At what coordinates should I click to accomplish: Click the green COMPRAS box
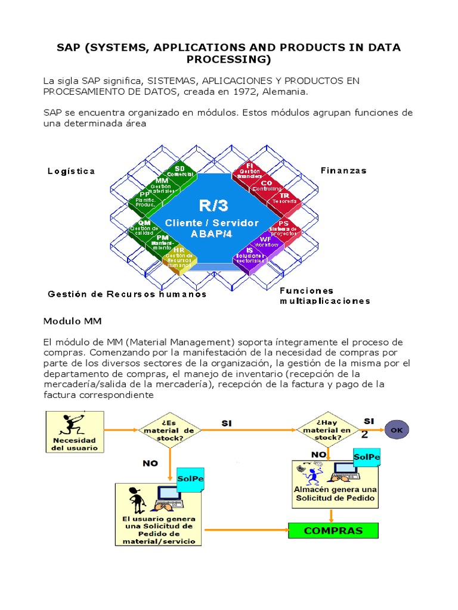coord(333,530)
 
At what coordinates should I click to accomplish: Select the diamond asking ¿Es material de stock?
coord(170,430)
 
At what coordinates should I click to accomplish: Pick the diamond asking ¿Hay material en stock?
coord(322,430)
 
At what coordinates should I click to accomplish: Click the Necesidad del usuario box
coord(75,432)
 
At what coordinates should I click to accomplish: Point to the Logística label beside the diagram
coord(71,171)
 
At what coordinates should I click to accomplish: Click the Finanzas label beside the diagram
coord(343,170)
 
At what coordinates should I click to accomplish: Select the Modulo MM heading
coord(72,321)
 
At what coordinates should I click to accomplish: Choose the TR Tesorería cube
coord(284,198)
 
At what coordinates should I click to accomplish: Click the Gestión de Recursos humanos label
coord(127,294)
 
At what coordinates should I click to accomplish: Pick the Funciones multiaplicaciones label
coord(324,295)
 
